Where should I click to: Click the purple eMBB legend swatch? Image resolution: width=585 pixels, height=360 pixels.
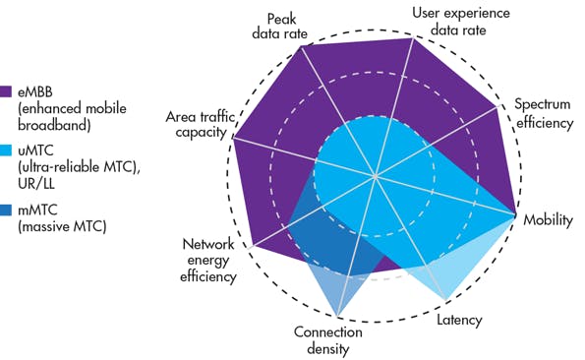pyautogui.click(x=7, y=91)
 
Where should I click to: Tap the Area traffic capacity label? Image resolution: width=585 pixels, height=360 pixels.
pyautogui.click(x=201, y=125)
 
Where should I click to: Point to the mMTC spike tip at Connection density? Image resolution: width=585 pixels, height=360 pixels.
pyautogui.click(x=337, y=317)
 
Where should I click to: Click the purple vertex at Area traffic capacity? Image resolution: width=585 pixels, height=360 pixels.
pyautogui.click(x=232, y=138)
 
